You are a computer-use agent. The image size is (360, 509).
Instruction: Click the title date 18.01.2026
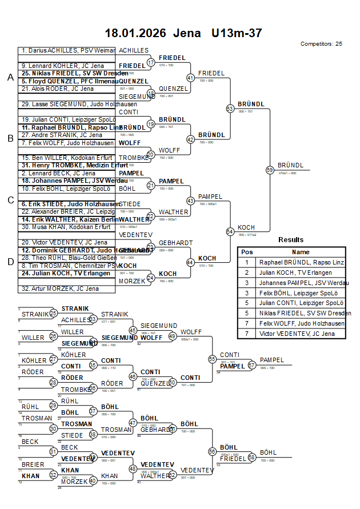(x=135, y=33)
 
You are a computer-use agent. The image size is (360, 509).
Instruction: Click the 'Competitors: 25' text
(x=321, y=44)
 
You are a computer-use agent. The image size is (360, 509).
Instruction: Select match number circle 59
(x=270, y=170)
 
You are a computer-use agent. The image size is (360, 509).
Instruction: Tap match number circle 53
(x=230, y=108)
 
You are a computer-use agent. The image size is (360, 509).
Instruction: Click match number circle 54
(x=230, y=231)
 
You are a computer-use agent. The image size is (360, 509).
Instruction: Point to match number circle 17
(x=151, y=62)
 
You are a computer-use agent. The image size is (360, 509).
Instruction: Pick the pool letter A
(x=10, y=78)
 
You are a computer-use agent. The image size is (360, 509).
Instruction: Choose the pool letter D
(x=10, y=262)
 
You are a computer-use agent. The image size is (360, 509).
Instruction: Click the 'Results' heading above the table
(x=291, y=240)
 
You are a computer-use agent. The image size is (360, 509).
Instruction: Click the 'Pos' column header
(x=247, y=252)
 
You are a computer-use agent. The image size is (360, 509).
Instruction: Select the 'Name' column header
(x=301, y=252)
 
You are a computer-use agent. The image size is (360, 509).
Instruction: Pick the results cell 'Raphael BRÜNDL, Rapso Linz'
(x=301, y=262)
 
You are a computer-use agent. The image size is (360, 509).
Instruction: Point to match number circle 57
(x=251, y=365)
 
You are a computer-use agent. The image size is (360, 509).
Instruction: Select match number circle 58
(x=251, y=458)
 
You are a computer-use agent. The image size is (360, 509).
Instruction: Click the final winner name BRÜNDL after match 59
(x=290, y=165)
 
